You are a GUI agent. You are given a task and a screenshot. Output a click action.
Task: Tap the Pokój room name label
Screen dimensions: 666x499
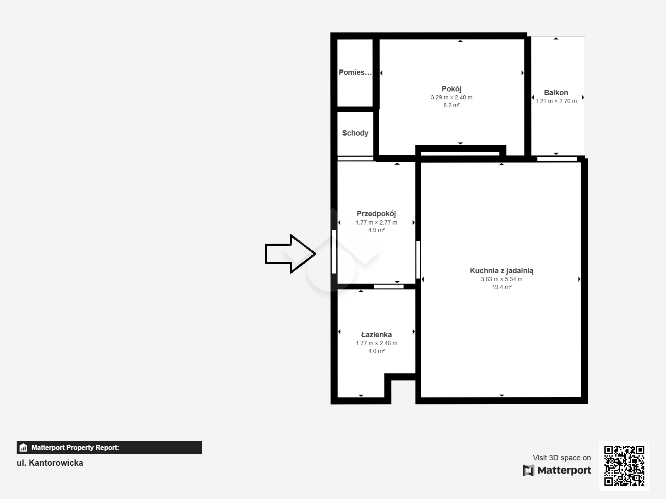click(452, 89)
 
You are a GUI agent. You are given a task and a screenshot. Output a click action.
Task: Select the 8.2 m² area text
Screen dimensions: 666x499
click(452, 106)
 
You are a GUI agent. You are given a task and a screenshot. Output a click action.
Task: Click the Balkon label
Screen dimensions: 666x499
click(556, 93)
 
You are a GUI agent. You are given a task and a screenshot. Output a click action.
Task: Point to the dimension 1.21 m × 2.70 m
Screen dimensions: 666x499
click(556, 101)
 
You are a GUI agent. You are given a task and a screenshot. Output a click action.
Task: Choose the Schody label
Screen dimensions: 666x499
click(355, 133)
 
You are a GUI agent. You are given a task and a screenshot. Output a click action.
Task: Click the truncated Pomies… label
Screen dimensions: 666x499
click(355, 72)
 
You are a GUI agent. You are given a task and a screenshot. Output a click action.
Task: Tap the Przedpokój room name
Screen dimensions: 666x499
click(376, 214)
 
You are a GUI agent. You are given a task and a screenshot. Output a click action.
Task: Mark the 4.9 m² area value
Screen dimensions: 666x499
click(377, 230)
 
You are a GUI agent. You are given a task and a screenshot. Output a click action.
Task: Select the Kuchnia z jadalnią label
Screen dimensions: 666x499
click(502, 271)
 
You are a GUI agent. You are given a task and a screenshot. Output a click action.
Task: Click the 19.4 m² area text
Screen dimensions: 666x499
click(502, 287)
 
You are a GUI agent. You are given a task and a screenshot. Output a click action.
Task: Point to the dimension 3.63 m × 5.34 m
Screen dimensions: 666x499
click(502, 279)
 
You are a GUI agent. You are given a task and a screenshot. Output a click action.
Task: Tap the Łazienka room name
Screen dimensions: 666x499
click(376, 334)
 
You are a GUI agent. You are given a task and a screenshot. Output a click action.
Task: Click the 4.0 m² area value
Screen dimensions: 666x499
click(377, 351)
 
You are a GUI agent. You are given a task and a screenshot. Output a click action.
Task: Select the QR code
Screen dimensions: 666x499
click(624, 465)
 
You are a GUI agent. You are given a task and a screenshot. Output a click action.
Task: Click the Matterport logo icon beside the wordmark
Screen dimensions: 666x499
click(528, 470)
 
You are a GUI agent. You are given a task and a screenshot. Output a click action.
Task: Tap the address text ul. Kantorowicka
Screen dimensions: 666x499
click(50, 463)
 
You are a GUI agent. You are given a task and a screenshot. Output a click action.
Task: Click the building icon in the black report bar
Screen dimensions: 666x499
click(23, 447)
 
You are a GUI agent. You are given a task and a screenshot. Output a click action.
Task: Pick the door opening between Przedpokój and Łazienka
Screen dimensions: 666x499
click(389, 287)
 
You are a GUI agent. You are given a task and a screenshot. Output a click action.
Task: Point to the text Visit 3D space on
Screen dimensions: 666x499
click(562, 458)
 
